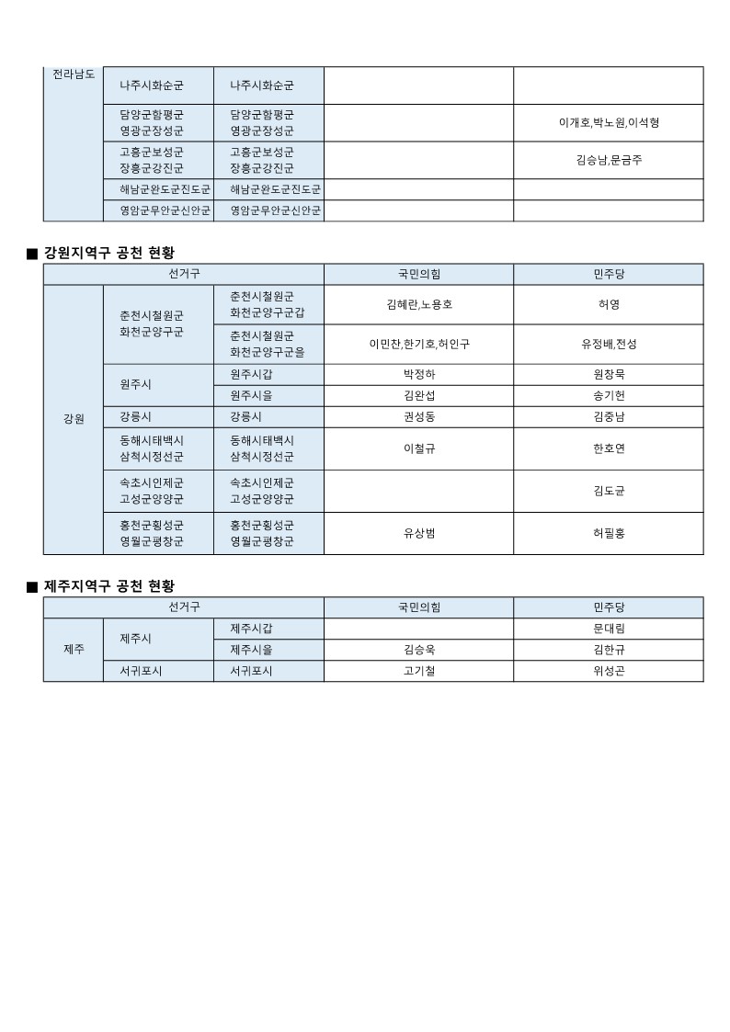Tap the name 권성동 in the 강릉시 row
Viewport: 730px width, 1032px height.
click(418, 416)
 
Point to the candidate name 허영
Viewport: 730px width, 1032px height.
click(609, 304)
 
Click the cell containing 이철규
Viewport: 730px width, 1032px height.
click(418, 448)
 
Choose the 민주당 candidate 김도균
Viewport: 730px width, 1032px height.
click(609, 491)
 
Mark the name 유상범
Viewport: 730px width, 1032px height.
click(418, 533)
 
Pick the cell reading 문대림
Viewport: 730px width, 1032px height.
click(609, 629)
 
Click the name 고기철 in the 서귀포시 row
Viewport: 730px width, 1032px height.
click(418, 671)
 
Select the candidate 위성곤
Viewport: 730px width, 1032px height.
click(609, 671)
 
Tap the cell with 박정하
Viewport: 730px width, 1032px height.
click(418, 374)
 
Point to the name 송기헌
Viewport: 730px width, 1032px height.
click(609, 395)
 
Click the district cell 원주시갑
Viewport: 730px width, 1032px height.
click(251, 374)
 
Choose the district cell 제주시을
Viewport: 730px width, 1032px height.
click(251, 650)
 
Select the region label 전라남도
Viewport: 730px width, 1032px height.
click(74, 74)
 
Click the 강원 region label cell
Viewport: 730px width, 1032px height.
click(74, 419)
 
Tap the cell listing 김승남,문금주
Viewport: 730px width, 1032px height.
click(609, 160)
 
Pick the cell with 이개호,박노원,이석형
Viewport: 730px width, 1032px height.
click(609, 122)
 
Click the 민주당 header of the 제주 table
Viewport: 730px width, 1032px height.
click(609, 607)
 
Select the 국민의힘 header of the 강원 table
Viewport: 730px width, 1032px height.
click(418, 274)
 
